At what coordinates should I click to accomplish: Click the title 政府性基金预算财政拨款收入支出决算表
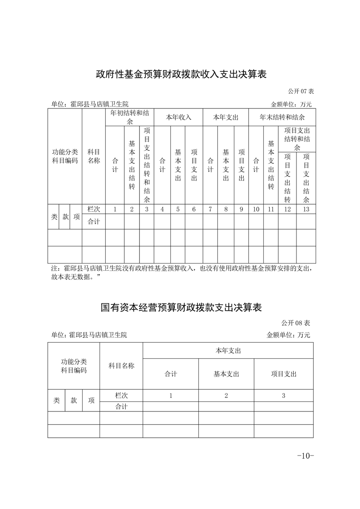(181, 74)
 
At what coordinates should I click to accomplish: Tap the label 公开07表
(301, 91)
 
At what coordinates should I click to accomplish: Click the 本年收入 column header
(178, 117)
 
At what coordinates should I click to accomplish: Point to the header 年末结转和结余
(282, 117)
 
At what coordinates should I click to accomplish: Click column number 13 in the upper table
(306, 209)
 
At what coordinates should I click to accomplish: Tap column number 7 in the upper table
(210, 209)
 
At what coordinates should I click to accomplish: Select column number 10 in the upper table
(256, 209)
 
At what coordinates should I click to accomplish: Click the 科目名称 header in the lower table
(121, 366)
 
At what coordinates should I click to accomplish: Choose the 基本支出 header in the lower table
(226, 374)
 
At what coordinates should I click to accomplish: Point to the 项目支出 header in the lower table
(283, 374)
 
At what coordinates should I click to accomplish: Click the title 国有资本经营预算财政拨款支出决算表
(181, 308)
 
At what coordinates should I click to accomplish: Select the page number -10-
(305, 455)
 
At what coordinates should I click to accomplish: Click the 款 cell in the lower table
(74, 401)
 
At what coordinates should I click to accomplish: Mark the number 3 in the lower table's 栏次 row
(283, 396)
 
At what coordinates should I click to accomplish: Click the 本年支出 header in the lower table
(228, 351)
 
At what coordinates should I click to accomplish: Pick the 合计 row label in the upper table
(94, 222)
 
